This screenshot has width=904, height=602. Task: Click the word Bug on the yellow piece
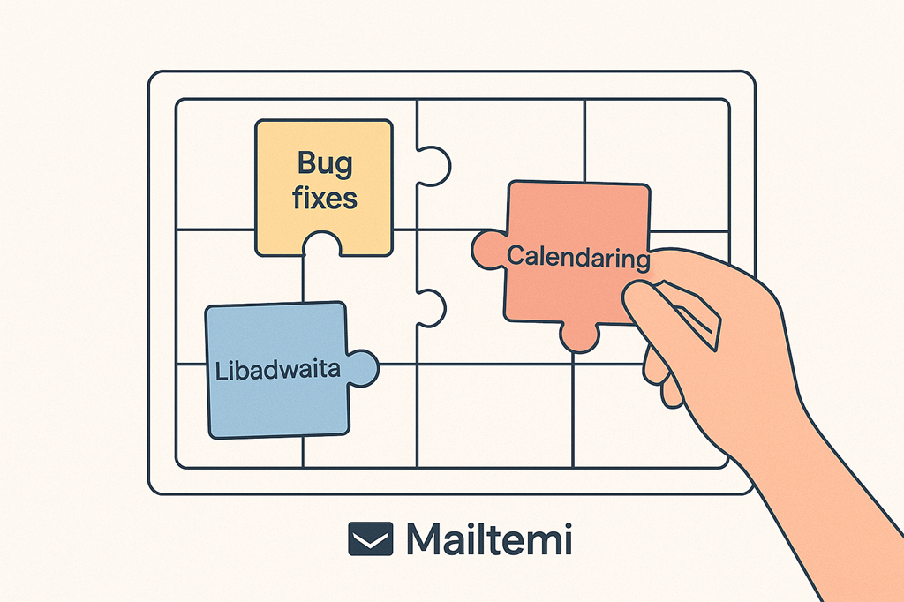tap(324, 164)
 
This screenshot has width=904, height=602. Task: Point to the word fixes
tap(324, 197)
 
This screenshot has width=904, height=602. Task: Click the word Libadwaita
tap(278, 370)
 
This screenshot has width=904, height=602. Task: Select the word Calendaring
tap(578, 258)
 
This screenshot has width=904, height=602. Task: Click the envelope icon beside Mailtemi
tap(371, 538)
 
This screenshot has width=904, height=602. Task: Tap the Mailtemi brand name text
tap(488, 538)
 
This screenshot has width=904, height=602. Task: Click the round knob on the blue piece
tap(362, 366)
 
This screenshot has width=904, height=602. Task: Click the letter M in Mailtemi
tap(426, 538)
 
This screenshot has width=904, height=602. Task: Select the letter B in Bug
tap(305, 163)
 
